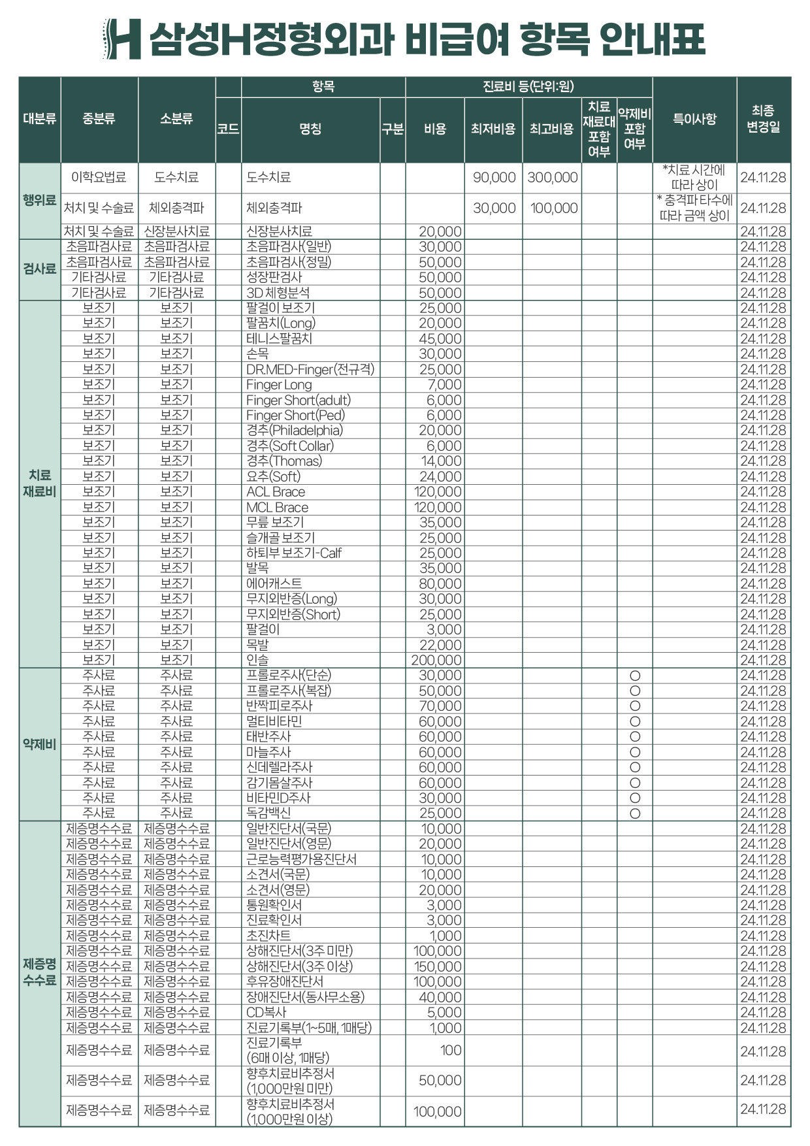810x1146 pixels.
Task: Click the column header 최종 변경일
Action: [x=763, y=119]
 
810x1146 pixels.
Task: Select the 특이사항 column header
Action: [x=694, y=119]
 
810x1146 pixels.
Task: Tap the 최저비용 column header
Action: [x=493, y=129]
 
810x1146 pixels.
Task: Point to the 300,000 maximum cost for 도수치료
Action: [x=553, y=178]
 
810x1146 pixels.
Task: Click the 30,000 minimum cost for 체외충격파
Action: [x=494, y=208]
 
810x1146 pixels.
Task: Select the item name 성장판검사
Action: [x=274, y=278]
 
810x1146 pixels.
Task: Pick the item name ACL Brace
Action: [x=276, y=492]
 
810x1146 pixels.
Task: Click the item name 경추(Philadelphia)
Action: [x=294, y=431]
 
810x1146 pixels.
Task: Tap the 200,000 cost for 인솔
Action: [x=436, y=661]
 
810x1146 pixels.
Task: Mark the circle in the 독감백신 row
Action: [x=634, y=813]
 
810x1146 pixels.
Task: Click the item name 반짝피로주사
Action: [x=280, y=706]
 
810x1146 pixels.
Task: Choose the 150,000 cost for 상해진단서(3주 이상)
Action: [x=438, y=966]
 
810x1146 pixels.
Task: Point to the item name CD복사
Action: [x=267, y=1012]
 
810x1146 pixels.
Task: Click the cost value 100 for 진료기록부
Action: [x=451, y=1050]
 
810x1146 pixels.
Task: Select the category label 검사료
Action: [x=40, y=269]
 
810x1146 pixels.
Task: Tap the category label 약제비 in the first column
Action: [x=40, y=744]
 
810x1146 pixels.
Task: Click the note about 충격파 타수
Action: [x=694, y=208]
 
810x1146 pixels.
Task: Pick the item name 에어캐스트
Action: [x=274, y=583]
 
